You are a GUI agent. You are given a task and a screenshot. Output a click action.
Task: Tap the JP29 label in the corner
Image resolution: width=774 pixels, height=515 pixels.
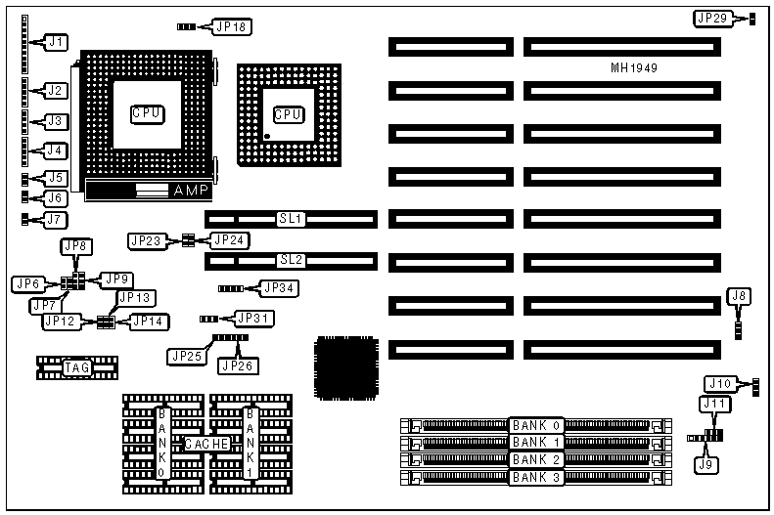pyautogui.click(x=711, y=19)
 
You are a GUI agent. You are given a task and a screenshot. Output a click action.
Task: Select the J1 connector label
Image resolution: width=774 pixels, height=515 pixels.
pyautogui.click(x=57, y=42)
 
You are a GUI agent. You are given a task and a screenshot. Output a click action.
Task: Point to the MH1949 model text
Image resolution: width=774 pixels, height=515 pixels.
pyautogui.click(x=634, y=68)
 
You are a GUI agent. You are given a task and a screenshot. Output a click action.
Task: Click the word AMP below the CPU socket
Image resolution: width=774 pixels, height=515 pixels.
pyautogui.click(x=190, y=191)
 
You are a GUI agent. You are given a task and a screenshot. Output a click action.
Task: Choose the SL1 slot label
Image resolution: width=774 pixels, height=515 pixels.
pyautogui.click(x=291, y=218)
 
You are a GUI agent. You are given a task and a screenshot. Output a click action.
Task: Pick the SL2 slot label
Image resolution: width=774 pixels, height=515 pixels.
pyautogui.click(x=291, y=260)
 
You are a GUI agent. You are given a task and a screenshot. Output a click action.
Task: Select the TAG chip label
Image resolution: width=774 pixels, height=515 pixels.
pyautogui.click(x=76, y=367)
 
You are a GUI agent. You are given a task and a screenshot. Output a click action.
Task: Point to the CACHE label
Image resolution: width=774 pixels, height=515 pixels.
pyautogui.click(x=206, y=444)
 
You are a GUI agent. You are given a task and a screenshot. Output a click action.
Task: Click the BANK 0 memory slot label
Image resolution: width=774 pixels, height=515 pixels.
pyautogui.click(x=536, y=425)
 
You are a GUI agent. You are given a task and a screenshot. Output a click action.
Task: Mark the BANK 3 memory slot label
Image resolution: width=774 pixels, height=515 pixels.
pyautogui.click(x=536, y=478)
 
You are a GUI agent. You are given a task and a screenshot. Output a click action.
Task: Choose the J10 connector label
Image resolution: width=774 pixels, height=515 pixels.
pyautogui.click(x=720, y=382)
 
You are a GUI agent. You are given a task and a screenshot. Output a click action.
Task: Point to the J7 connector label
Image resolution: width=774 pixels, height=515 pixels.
pyautogui.click(x=55, y=220)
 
